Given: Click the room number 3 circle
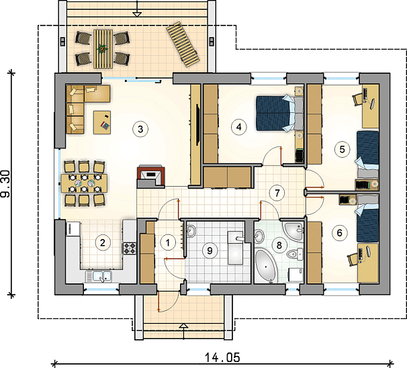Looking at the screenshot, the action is (x=140, y=129).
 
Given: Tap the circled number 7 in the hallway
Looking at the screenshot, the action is (x=277, y=193).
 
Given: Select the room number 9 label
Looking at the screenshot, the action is (x=210, y=250).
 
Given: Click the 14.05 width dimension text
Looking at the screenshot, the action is (x=222, y=357).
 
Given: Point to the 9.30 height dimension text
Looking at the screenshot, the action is (x=5, y=183).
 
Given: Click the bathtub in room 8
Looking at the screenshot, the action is (x=265, y=265).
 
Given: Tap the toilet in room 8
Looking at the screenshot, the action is (x=295, y=254).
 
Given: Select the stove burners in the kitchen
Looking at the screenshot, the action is (x=129, y=248).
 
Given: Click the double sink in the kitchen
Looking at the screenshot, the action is (x=99, y=276).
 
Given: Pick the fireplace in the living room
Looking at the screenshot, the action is (x=151, y=176).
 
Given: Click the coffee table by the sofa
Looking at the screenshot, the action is (x=102, y=122).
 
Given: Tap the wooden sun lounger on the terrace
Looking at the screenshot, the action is (x=183, y=44).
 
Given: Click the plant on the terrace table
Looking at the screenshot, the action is (x=102, y=48).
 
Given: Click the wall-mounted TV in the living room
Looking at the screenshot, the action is (x=197, y=125).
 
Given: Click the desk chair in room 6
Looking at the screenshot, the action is (x=353, y=259).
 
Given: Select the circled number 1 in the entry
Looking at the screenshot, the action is (x=168, y=243).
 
